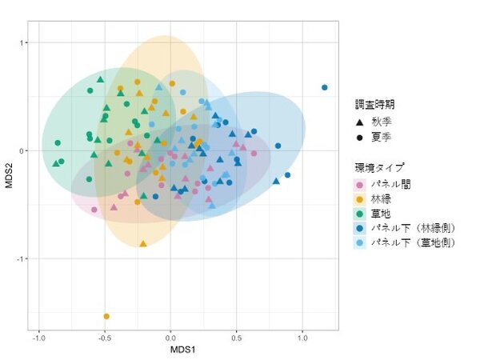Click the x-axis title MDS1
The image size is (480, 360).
point(182,350)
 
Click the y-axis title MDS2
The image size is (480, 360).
point(9,176)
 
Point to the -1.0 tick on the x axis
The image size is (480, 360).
point(38,338)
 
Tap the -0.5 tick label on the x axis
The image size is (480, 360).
point(105,338)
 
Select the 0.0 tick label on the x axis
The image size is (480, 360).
point(170,338)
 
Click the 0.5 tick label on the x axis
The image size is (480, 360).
point(236,338)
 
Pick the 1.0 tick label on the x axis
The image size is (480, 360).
point(302,338)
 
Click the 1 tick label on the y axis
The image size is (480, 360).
point(22,42)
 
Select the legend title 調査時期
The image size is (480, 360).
point(374,105)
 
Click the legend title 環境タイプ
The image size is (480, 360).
point(379,167)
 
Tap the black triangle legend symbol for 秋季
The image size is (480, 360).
point(360,122)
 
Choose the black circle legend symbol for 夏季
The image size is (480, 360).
point(360,138)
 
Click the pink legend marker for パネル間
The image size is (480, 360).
point(360,185)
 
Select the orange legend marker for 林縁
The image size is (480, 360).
point(360,199)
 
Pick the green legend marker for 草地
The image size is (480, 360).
point(360,214)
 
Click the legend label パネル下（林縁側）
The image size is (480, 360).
point(414,228)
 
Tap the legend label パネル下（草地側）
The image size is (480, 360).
point(414,242)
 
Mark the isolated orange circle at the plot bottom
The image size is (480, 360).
point(106,316)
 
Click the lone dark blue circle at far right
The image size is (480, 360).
point(325,87)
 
